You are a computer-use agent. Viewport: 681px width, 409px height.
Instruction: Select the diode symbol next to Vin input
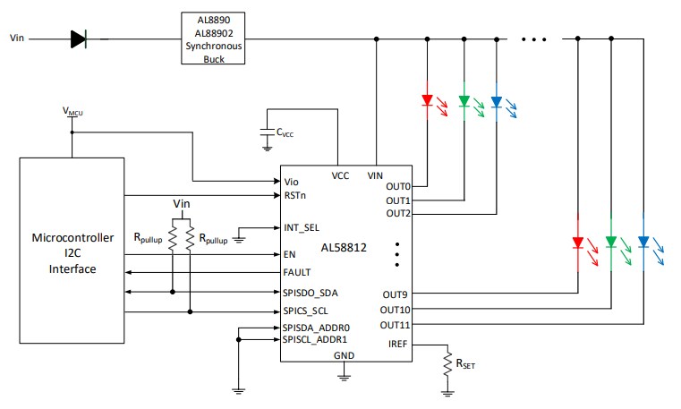pyautogui.click(x=79, y=38)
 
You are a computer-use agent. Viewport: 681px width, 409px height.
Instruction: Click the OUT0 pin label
pyautogui.click(x=397, y=186)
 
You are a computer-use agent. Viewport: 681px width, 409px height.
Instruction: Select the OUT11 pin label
pyautogui.click(x=395, y=324)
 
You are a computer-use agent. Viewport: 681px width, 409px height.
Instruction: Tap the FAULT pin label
pyautogui.click(x=296, y=272)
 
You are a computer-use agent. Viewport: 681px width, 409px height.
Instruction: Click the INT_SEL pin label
pyautogui.click(x=301, y=227)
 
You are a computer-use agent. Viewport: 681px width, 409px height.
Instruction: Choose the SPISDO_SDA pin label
pyautogui.click(x=309, y=292)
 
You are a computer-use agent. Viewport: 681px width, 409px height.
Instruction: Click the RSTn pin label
pyautogui.click(x=295, y=193)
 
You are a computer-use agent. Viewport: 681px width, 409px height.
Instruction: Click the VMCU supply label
pyautogui.click(x=73, y=111)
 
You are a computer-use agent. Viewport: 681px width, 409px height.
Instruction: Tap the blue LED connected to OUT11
pyautogui.click(x=643, y=243)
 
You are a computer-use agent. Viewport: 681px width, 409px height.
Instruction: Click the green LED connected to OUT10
pyautogui.click(x=610, y=243)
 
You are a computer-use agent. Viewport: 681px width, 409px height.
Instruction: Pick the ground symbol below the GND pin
pyautogui.click(x=343, y=375)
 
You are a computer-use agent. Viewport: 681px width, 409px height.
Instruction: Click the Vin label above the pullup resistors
pyautogui.click(x=182, y=204)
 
